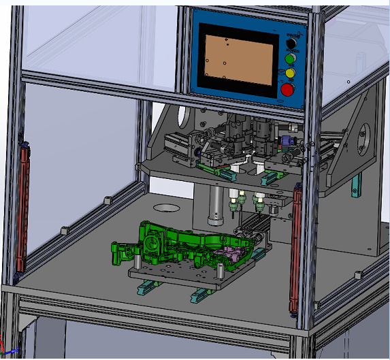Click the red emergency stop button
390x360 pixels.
[288, 89]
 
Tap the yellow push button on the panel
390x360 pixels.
[290, 73]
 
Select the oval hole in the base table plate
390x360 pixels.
[165, 207]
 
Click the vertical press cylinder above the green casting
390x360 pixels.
[216, 207]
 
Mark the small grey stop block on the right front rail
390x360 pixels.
[356, 274]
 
